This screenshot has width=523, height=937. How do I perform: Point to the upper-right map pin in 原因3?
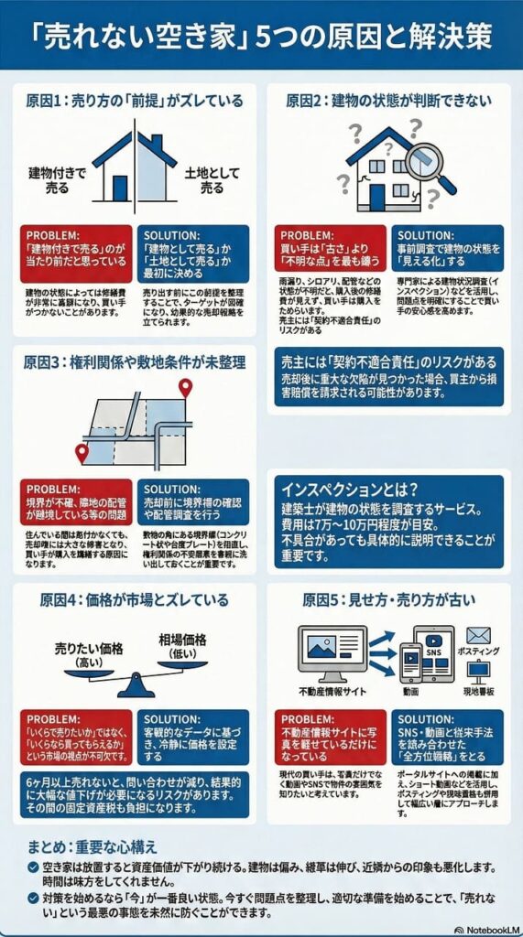coord(186,388)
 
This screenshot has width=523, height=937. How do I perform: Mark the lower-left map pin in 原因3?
coord(82,451)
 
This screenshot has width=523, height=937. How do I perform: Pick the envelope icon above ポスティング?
coord(478,635)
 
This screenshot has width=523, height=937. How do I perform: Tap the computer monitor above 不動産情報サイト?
coord(332,650)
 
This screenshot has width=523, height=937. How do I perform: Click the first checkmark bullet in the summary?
coord(33,866)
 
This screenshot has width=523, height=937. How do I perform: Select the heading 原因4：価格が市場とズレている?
coord(134,600)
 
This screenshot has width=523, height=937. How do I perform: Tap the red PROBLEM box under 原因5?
coord(331,738)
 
